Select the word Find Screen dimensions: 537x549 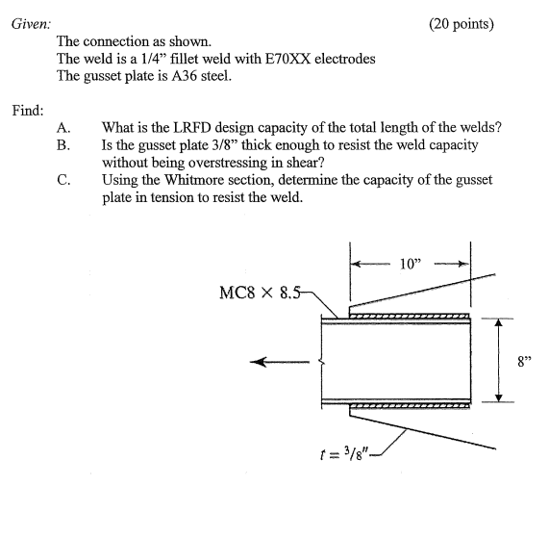[x=28, y=111]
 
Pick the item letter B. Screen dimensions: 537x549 [x=62, y=144]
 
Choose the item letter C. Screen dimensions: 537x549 [x=62, y=179]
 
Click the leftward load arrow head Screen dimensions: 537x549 [x=255, y=362]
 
